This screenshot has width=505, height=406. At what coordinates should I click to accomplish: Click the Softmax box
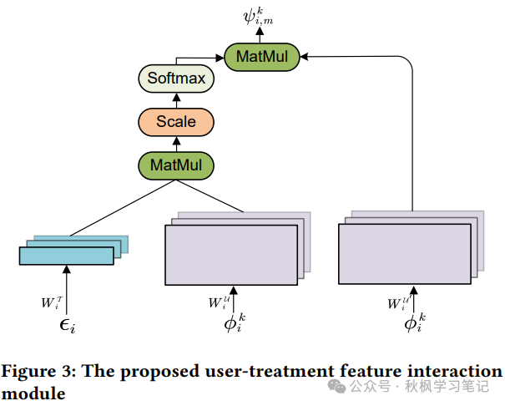176,80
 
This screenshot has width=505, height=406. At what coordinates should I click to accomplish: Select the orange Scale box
176,122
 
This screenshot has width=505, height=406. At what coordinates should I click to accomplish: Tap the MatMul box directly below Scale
176,164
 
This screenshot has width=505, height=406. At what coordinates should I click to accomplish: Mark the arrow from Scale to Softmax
176,100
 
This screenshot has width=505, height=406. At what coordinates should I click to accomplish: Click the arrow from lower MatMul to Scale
176,143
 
